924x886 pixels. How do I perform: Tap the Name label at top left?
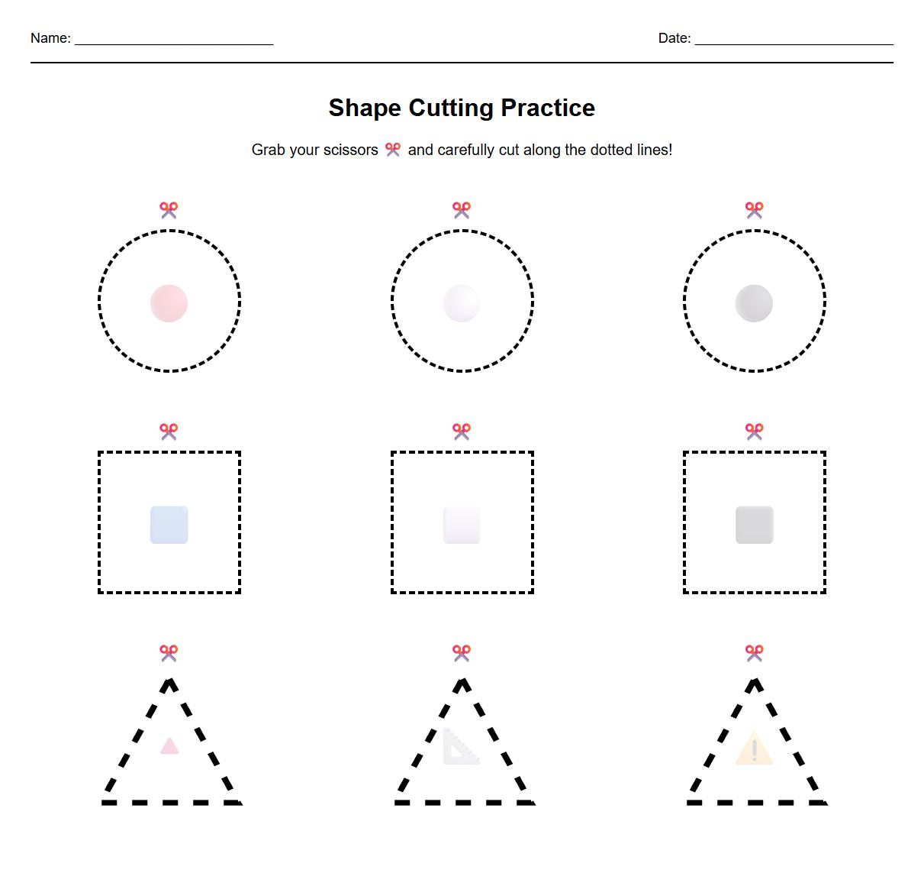[50, 38]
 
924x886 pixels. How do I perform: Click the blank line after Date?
[794, 40]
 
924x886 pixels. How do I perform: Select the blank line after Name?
[174, 40]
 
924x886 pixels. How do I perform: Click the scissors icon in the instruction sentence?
[393, 150]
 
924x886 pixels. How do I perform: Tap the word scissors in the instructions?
[350, 150]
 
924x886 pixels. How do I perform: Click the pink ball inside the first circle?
[169, 303]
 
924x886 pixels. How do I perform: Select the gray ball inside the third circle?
[754, 303]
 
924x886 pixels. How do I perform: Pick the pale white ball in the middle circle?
[462, 303]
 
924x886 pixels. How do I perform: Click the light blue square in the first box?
[169, 525]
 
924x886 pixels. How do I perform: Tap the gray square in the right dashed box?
[754, 525]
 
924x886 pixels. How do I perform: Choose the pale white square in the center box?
[462, 525]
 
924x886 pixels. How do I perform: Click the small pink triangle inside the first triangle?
[169, 746]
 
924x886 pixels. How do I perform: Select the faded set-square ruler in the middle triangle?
[460, 747]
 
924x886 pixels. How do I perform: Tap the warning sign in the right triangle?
[754, 748]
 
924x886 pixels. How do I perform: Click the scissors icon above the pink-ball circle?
[169, 210]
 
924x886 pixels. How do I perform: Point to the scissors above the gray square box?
[754, 432]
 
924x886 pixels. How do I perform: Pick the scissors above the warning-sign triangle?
[754, 653]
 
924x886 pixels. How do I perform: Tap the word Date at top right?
[674, 38]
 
